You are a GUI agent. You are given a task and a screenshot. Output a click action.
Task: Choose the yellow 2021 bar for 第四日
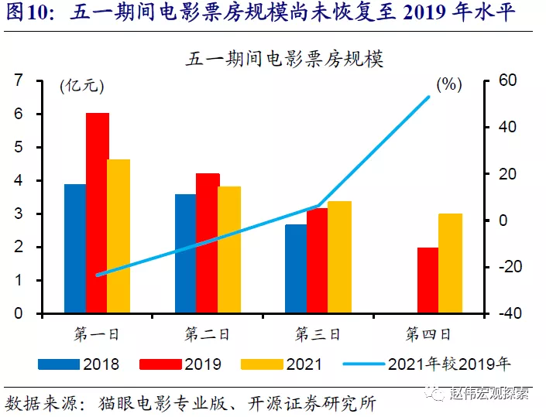(450, 264)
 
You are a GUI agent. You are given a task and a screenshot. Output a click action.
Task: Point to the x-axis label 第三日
(318, 334)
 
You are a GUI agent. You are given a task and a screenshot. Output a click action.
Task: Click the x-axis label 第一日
(97, 334)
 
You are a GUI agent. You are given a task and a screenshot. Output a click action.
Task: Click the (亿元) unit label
(81, 86)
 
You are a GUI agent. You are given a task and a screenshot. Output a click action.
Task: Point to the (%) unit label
(450, 85)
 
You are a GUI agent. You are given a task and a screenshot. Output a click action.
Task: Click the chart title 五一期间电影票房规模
(285, 59)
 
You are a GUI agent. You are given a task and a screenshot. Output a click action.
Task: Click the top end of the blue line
(429, 96)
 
